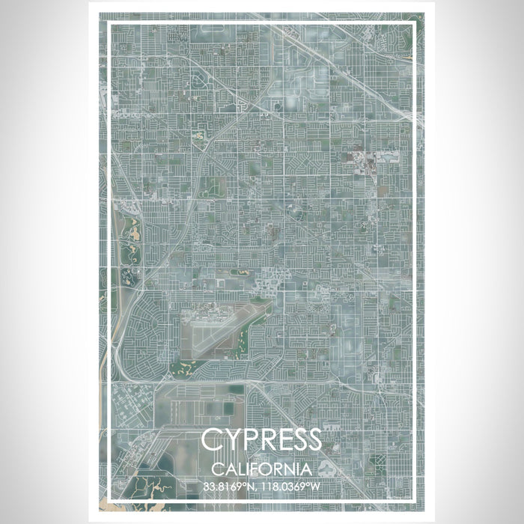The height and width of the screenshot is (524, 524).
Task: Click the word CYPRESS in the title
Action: (261, 440)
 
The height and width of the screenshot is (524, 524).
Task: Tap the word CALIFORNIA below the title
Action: (261, 469)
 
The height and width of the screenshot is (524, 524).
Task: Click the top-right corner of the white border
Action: (414, 24)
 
